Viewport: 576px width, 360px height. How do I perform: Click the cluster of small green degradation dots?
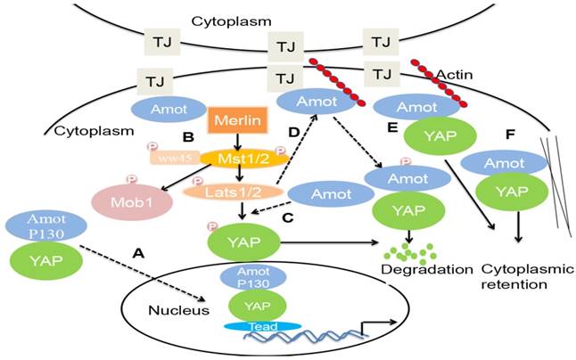click(407, 250)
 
